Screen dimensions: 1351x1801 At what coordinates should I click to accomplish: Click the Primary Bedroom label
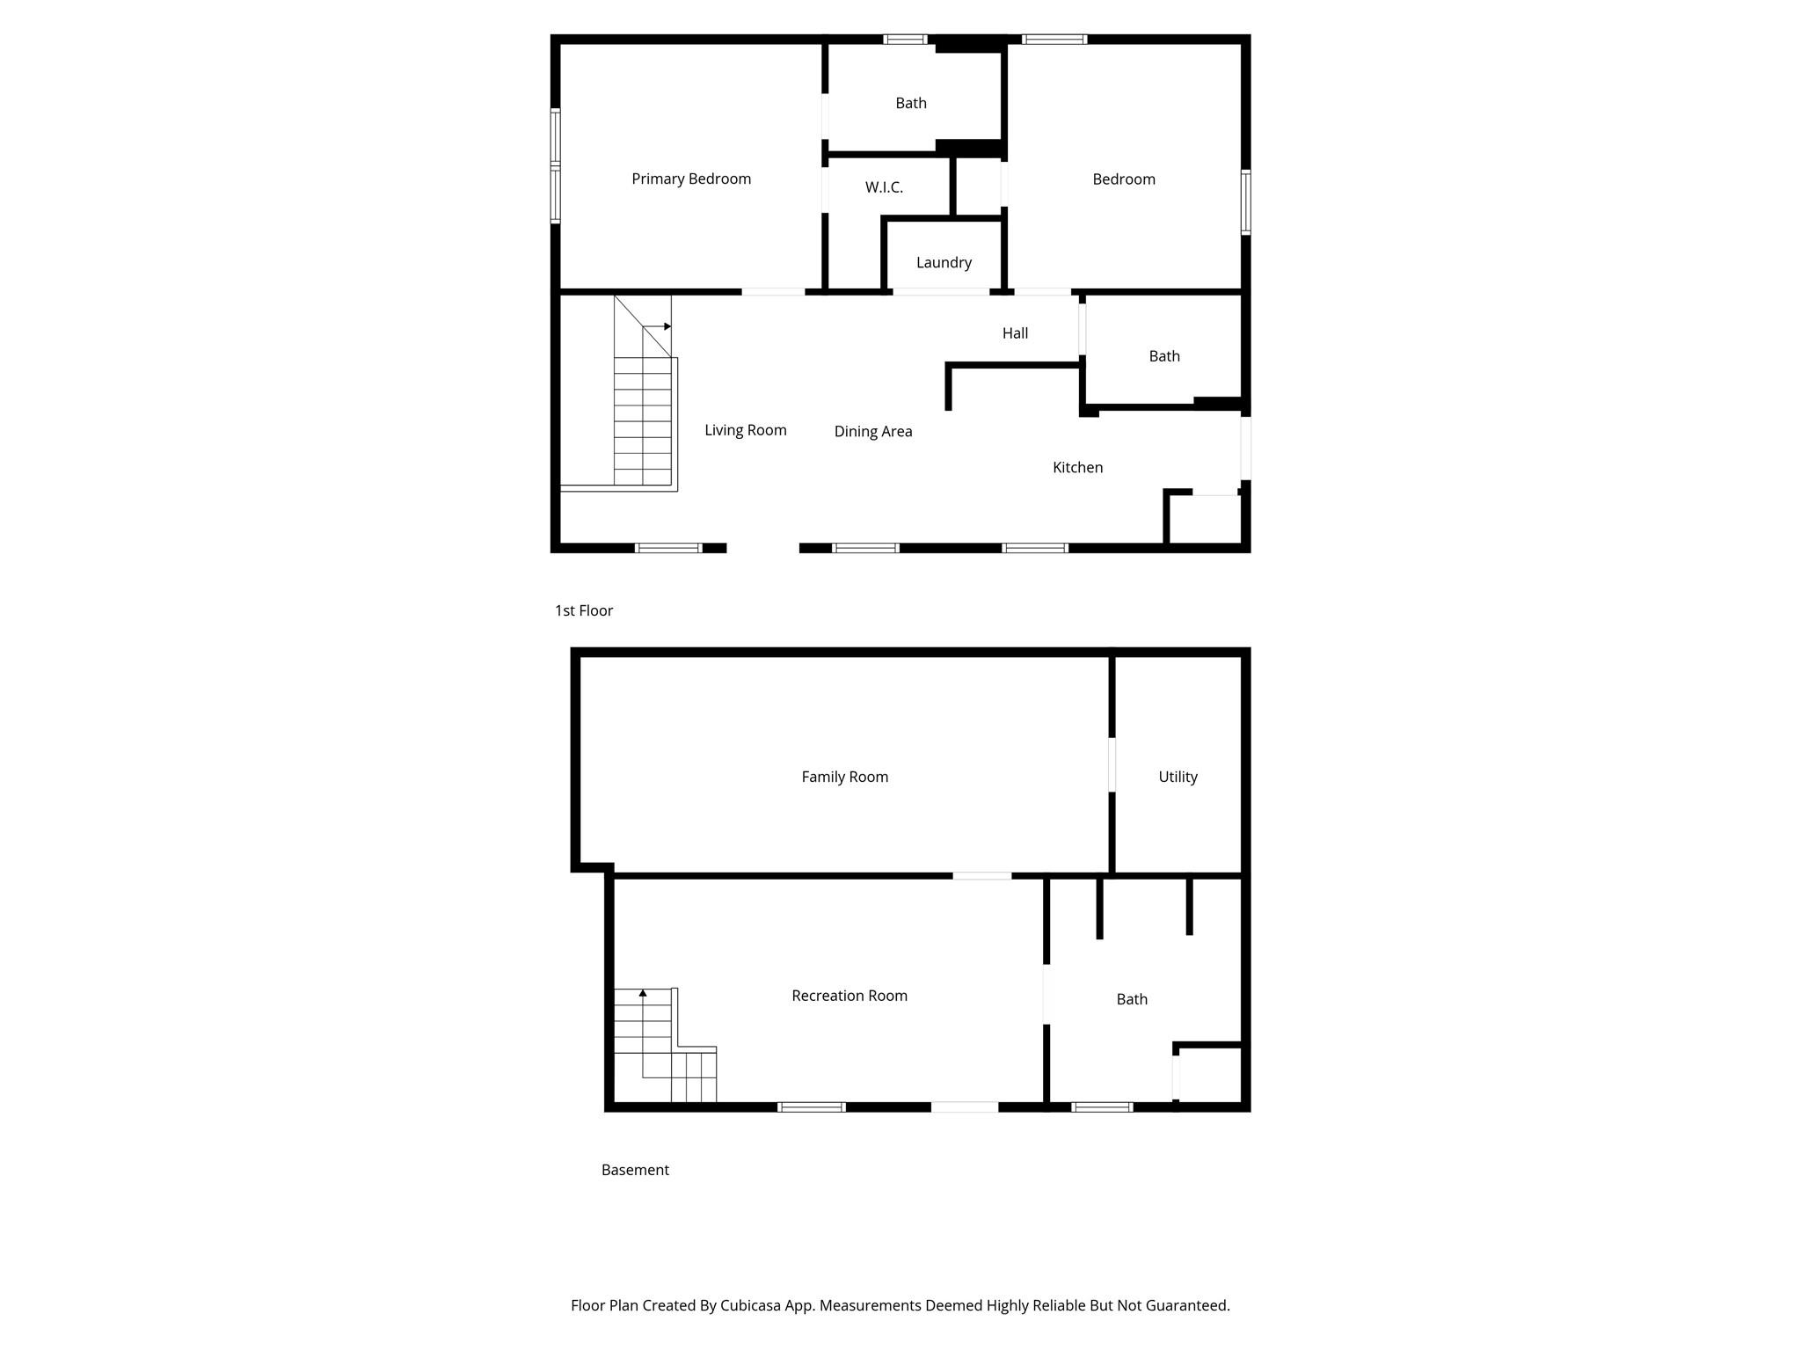click(x=691, y=179)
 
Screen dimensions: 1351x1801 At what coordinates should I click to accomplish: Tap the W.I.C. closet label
click(x=884, y=187)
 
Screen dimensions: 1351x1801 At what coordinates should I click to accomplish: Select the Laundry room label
click(x=944, y=263)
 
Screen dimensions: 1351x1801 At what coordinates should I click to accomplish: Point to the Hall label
click(x=1015, y=333)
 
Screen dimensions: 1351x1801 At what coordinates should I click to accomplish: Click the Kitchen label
click(x=1077, y=468)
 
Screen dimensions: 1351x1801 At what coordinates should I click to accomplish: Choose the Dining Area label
click(x=873, y=432)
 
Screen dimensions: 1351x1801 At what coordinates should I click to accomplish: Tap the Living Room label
click(x=746, y=430)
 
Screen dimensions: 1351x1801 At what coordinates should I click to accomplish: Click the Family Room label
click(x=844, y=777)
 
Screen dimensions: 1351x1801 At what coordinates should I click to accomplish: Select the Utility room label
click(x=1178, y=777)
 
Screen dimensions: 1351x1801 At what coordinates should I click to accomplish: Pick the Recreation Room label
click(x=849, y=996)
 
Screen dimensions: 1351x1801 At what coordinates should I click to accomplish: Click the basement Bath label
click(x=1132, y=999)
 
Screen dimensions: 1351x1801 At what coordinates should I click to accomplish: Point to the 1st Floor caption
click(x=584, y=610)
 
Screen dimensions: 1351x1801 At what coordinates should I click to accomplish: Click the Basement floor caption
click(x=635, y=1170)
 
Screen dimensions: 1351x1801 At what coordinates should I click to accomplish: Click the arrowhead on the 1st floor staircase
click(x=667, y=326)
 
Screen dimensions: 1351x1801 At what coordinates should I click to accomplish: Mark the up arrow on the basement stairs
click(x=643, y=993)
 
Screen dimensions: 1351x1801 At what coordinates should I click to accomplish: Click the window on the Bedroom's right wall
click(x=1245, y=202)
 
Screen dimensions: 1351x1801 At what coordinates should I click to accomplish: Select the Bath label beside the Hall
click(x=1164, y=356)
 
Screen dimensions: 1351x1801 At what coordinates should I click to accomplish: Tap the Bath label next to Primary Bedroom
click(x=911, y=103)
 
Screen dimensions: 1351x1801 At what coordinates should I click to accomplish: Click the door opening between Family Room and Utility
click(x=1112, y=764)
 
